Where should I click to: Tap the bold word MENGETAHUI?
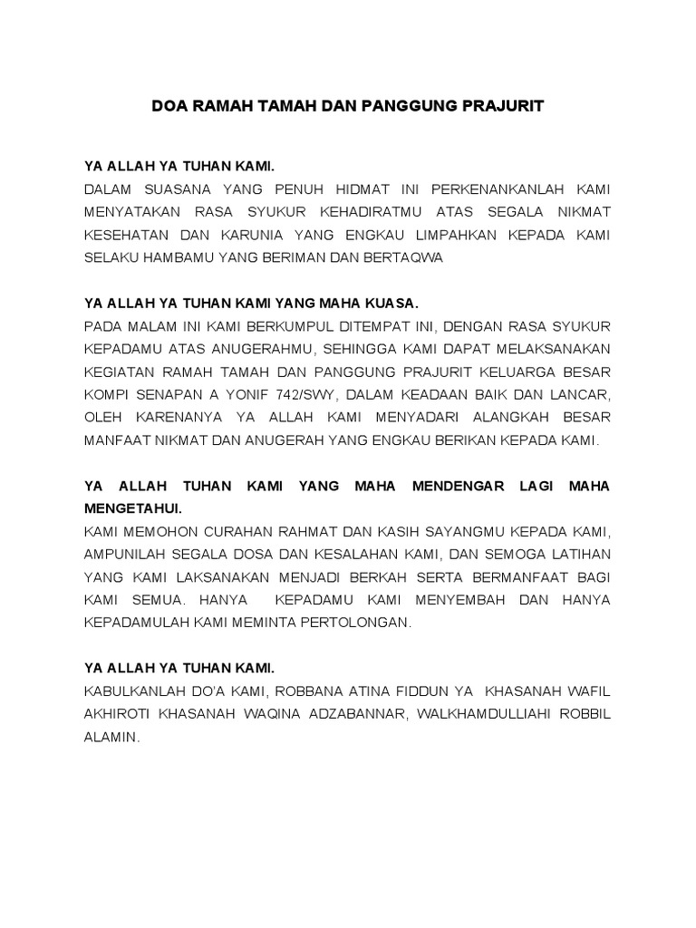(x=132, y=508)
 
